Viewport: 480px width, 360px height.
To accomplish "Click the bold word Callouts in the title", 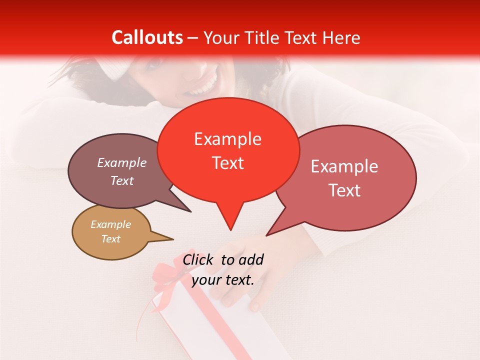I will [147, 37].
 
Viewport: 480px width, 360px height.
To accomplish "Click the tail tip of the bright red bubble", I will [230, 229].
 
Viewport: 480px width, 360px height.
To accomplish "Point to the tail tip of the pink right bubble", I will [266, 235].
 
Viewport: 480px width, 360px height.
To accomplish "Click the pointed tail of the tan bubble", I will [172, 239].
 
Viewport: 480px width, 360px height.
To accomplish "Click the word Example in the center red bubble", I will [227, 139].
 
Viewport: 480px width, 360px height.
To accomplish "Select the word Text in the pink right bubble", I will [344, 190].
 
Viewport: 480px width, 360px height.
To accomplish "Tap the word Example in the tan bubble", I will [110, 224].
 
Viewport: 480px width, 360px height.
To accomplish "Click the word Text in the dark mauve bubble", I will [121, 180].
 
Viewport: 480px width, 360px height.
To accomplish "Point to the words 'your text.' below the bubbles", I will [222, 280].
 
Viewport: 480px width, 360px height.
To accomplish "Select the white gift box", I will [210, 325].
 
